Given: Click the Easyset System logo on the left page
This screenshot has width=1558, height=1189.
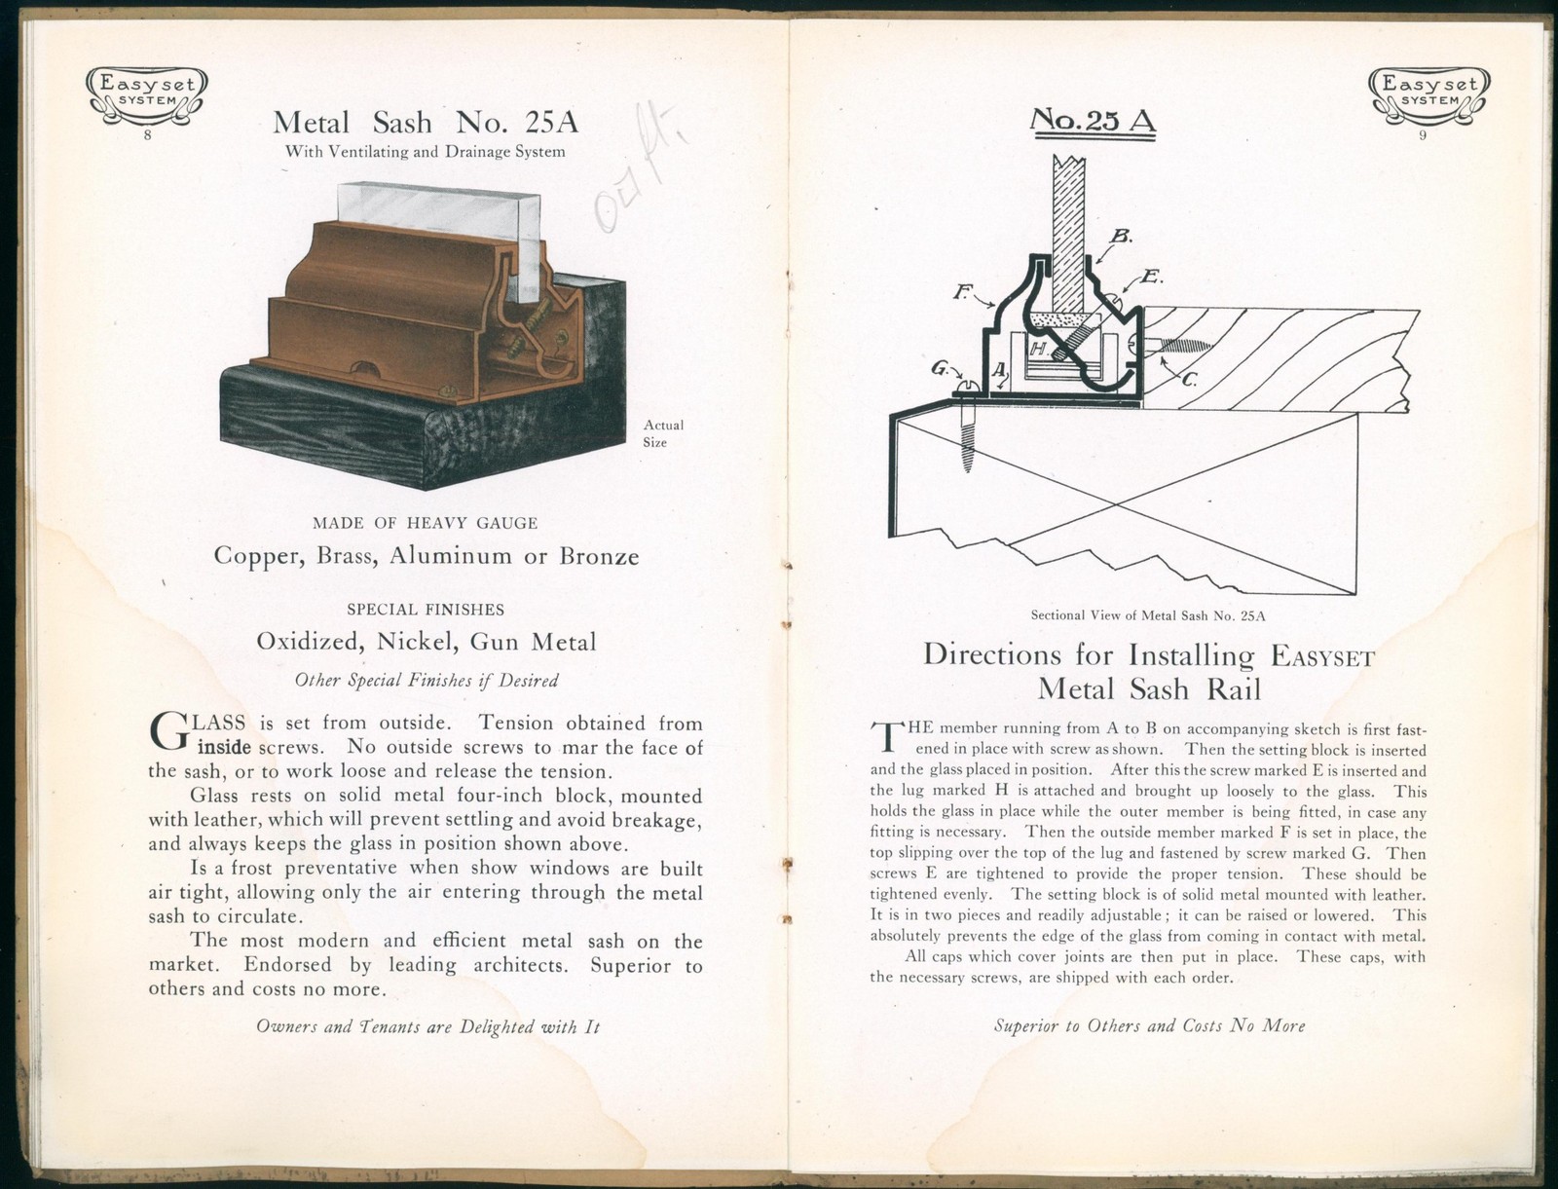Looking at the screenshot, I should pyautogui.click(x=147, y=93).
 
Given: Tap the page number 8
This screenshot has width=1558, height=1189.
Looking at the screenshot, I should pyautogui.click(x=147, y=135).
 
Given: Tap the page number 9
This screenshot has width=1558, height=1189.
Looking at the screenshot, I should pyautogui.click(x=1423, y=135).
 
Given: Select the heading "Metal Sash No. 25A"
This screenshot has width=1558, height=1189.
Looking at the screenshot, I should pyautogui.click(x=426, y=123).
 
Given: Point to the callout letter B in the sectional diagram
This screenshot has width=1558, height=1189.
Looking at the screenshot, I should pyautogui.click(x=1120, y=237).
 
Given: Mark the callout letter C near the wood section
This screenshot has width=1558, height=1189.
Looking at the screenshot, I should pyautogui.click(x=1189, y=381).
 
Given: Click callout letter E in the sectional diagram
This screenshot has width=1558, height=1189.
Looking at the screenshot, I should pyautogui.click(x=1149, y=277).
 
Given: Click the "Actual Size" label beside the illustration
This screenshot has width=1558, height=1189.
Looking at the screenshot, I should pyautogui.click(x=662, y=433).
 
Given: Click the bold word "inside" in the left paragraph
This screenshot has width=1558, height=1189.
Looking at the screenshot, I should pyautogui.click(x=225, y=748).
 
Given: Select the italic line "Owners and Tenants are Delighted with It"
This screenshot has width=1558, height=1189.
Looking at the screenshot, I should pyautogui.click(x=427, y=1026).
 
